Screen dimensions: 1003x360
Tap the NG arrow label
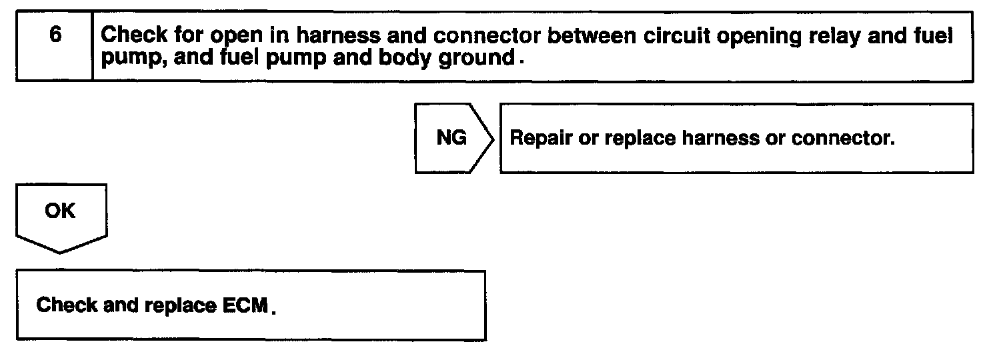tap(451, 139)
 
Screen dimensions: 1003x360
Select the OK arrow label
tap(61, 211)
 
